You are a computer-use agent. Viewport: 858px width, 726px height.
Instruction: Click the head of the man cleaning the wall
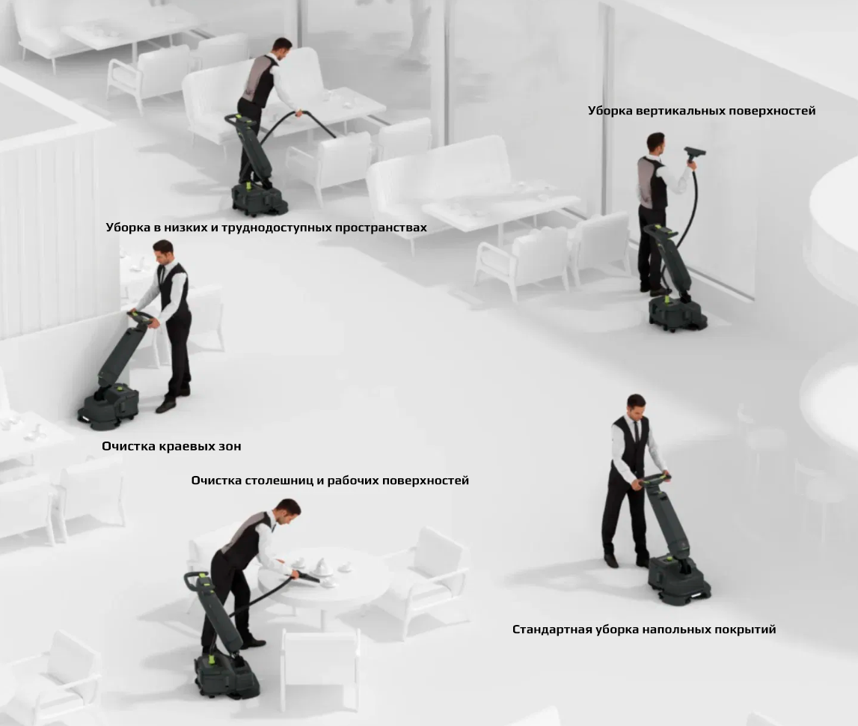pos(656,143)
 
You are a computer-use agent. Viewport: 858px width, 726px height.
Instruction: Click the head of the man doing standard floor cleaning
pos(637,405)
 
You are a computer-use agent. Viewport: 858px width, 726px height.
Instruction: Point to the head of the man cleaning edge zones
pos(163,251)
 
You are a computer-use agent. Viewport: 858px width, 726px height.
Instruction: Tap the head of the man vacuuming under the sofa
pos(282,49)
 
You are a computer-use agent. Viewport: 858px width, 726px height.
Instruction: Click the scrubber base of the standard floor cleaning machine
pos(679,580)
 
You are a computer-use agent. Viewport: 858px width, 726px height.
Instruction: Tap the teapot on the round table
pos(320,567)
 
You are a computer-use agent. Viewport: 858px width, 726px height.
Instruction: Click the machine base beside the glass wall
pos(678,312)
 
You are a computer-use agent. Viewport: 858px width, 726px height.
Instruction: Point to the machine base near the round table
pos(226,676)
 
